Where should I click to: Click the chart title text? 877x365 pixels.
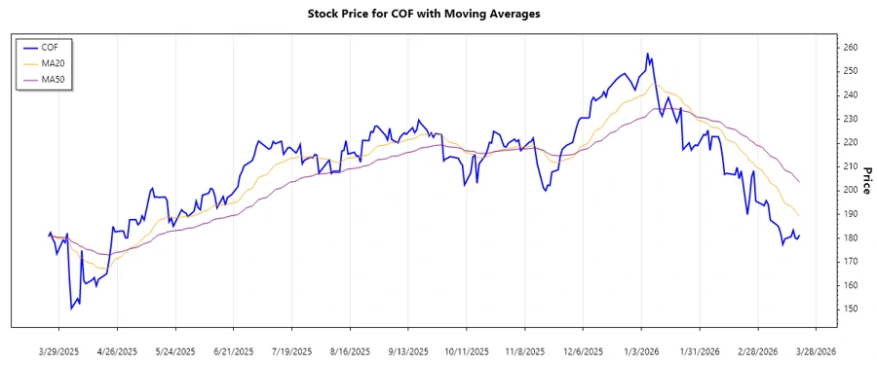pos(438,14)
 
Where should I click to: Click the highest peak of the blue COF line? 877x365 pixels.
pos(648,54)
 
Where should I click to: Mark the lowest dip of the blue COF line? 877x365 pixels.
pos(71,310)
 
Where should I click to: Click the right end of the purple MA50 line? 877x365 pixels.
pos(800,182)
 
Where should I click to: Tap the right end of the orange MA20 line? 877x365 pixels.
pos(800,216)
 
